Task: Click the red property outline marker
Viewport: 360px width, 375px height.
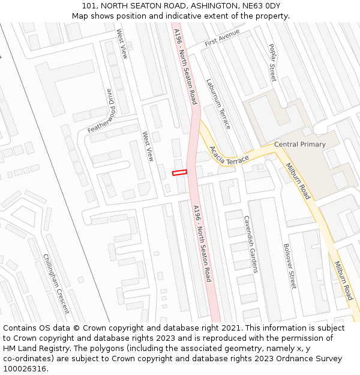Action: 179,173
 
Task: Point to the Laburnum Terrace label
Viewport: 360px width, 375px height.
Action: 218,104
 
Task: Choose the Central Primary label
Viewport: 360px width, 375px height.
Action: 300,145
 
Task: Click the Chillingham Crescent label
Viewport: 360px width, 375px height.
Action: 56,284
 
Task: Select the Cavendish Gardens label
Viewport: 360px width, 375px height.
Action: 250,244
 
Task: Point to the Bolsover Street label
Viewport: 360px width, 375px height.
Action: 289,266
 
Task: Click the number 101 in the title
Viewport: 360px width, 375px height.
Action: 90,6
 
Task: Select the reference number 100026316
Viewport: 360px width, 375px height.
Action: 24,368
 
